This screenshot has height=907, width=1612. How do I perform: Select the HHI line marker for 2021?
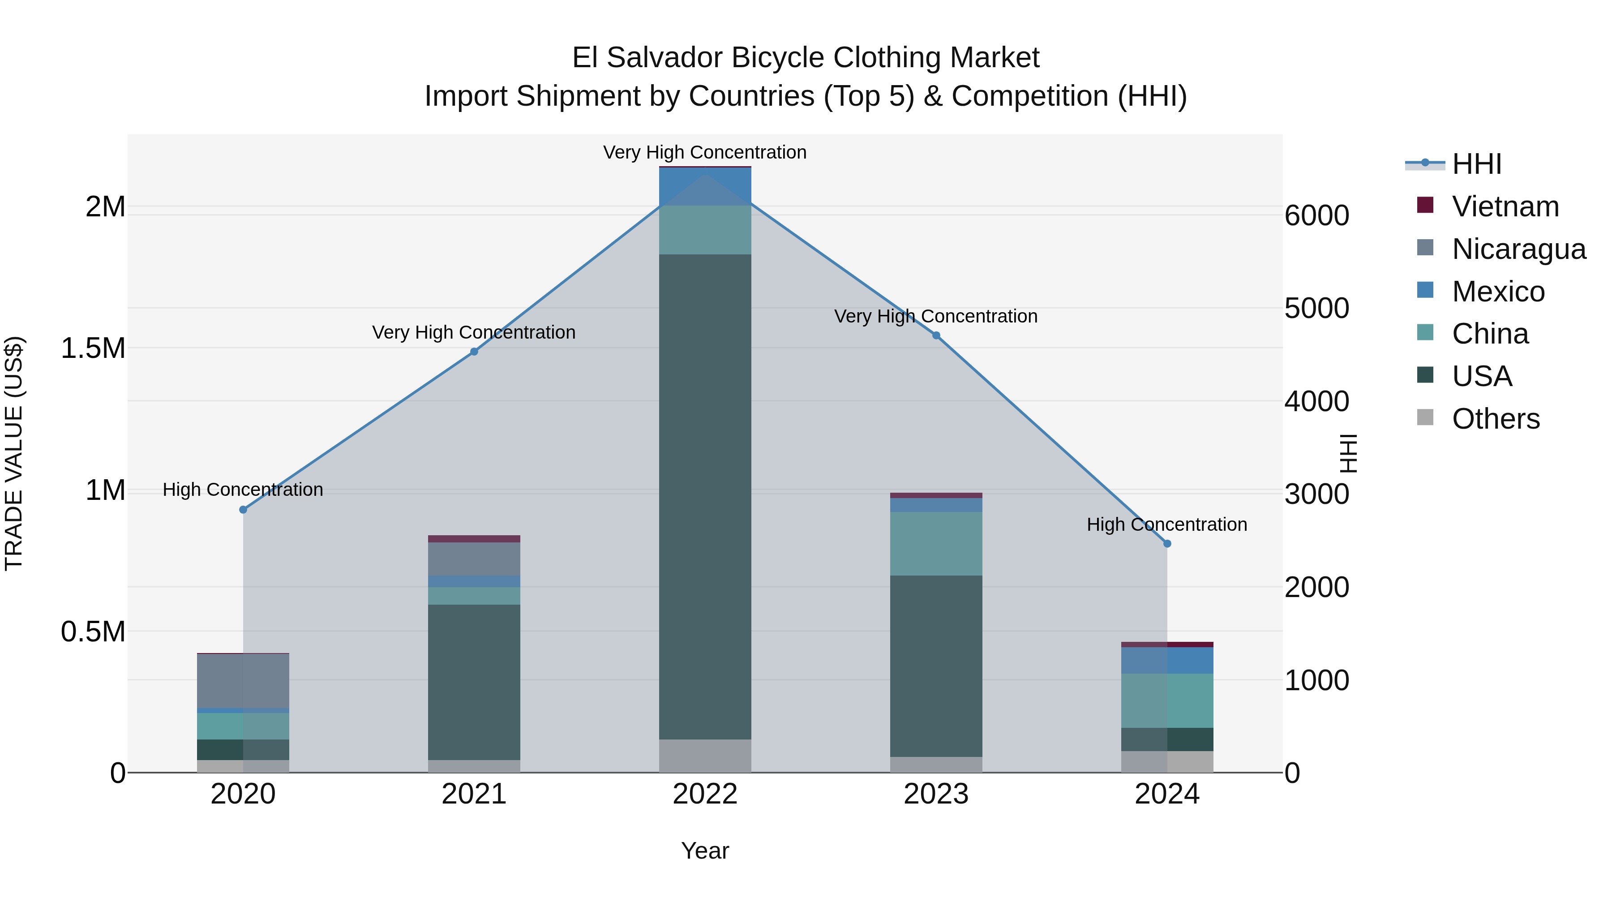(x=474, y=352)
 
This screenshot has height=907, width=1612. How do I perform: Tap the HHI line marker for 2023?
(x=936, y=335)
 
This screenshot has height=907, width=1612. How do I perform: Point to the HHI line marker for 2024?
(x=1167, y=544)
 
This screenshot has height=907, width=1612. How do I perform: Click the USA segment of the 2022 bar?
(x=705, y=494)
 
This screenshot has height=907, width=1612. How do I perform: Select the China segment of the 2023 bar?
(x=936, y=543)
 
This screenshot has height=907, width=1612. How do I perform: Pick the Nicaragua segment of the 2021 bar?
(x=474, y=559)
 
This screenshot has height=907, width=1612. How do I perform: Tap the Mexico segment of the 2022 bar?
(x=705, y=186)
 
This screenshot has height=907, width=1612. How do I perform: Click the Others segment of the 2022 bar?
(x=705, y=756)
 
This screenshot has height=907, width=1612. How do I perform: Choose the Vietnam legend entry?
(x=1505, y=206)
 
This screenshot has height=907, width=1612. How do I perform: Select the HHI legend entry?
(x=1476, y=164)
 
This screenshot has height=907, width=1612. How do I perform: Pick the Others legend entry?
(x=1496, y=419)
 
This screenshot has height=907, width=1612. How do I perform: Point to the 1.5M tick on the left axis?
(x=93, y=348)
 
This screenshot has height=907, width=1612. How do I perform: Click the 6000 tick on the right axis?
(x=1316, y=215)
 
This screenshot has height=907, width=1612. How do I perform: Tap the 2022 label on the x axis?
(x=705, y=794)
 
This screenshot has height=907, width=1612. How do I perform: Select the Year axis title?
(x=705, y=851)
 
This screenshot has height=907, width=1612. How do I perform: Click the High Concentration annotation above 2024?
(x=1166, y=524)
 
